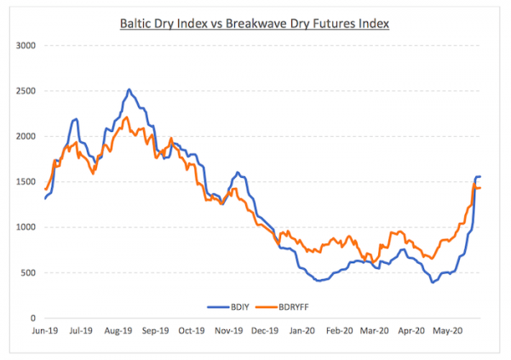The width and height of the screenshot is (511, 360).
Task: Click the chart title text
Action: [x=255, y=23]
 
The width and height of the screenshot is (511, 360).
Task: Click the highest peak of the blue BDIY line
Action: [x=129, y=89]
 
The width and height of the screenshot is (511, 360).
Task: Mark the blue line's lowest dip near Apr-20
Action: [x=433, y=282]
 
